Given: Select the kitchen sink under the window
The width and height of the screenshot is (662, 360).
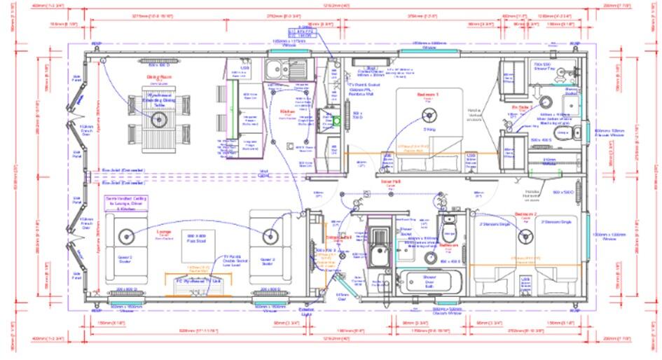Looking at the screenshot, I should (x=286, y=68).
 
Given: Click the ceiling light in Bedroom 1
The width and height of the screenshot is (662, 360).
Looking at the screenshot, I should (x=426, y=118).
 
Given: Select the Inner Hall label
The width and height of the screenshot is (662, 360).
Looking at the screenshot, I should (x=390, y=180).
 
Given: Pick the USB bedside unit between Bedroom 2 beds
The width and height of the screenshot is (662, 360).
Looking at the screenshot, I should (x=525, y=284).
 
